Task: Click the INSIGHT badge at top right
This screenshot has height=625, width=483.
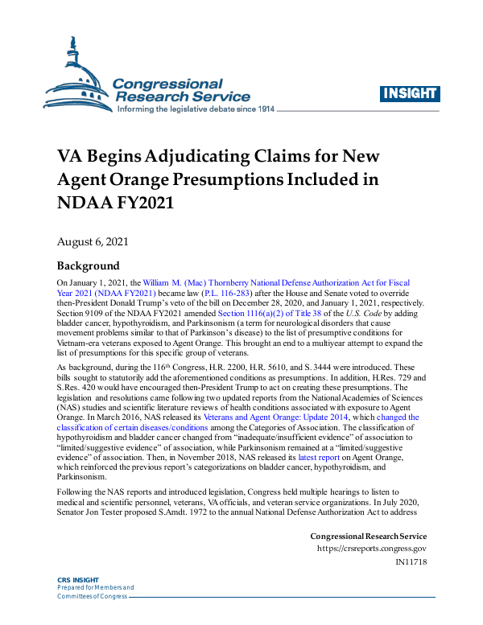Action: tap(411, 94)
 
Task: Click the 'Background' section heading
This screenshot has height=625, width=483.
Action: tap(88, 266)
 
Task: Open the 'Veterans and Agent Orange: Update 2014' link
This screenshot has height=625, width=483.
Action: tap(271, 417)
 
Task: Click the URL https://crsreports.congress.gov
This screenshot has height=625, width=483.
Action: tap(369, 549)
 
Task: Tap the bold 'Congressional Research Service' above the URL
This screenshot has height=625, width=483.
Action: tap(368, 537)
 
